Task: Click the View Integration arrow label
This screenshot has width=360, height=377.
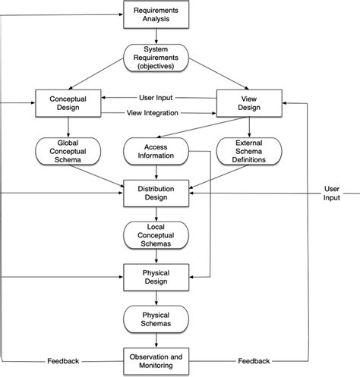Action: (153, 113)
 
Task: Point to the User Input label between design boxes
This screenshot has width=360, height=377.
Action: (158, 96)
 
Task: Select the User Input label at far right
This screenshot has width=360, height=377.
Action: (332, 193)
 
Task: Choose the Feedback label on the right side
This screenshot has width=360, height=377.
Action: (254, 361)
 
